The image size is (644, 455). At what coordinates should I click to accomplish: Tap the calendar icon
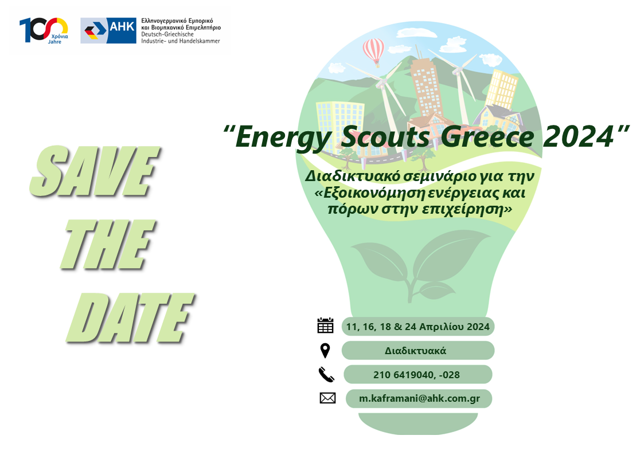coord(325,325)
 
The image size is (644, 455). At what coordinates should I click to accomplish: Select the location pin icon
coord(325,351)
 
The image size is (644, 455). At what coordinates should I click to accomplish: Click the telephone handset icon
coord(326,375)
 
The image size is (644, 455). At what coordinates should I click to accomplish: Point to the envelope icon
coord(327,398)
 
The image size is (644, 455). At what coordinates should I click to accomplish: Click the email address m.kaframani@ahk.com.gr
coord(419,398)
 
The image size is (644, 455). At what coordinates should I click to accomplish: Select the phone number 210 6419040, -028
coord(416,375)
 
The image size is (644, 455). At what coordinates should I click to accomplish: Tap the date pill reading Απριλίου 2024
coord(417,327)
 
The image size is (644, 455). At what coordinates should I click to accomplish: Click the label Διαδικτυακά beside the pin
coord(415,351)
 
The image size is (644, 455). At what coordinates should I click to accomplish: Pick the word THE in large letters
coord(108,245)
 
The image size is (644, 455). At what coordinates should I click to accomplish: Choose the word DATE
coord(130,319)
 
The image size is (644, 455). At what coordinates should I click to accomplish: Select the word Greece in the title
coord(488,137)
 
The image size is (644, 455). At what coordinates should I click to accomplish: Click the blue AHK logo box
coord(108,30)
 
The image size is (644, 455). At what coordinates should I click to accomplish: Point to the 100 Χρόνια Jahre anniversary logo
coord(44,30)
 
